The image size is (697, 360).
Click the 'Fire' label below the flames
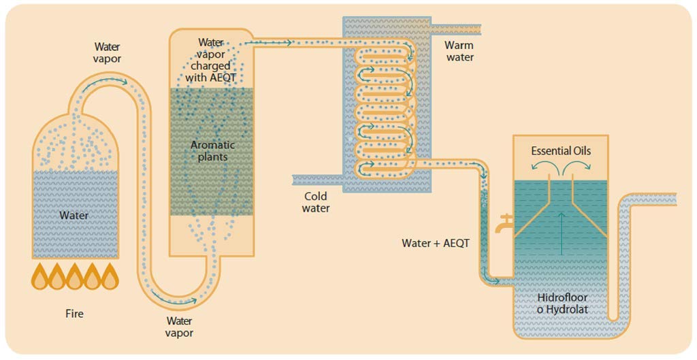(x=74, y=314)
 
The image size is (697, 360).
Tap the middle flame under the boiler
(x=75, y=276)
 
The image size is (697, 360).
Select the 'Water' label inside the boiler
(x=74, y=216)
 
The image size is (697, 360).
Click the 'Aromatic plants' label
(x=212, y=150)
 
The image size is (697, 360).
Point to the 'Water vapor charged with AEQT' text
(x=211, y=60)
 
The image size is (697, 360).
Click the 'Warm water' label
(x=459, y=51)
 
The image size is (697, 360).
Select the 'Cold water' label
(x=316, y=202)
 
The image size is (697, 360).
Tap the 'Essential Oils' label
(x=561, y=151)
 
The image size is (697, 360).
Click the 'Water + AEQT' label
(x=435, y=243)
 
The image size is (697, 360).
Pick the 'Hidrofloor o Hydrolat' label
(x=562, y=303)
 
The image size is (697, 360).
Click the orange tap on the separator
(x=504, y=223)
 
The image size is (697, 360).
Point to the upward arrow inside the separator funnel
(x=561, y=233)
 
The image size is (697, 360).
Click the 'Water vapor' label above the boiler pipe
(x=107, y=52)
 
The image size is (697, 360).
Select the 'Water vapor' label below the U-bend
(x=179, y=327)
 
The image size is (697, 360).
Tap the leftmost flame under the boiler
(x=39, y=276)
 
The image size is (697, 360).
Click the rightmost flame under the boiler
(x=110, y=276)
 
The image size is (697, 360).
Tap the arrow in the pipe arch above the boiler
(x=103, y=80)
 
